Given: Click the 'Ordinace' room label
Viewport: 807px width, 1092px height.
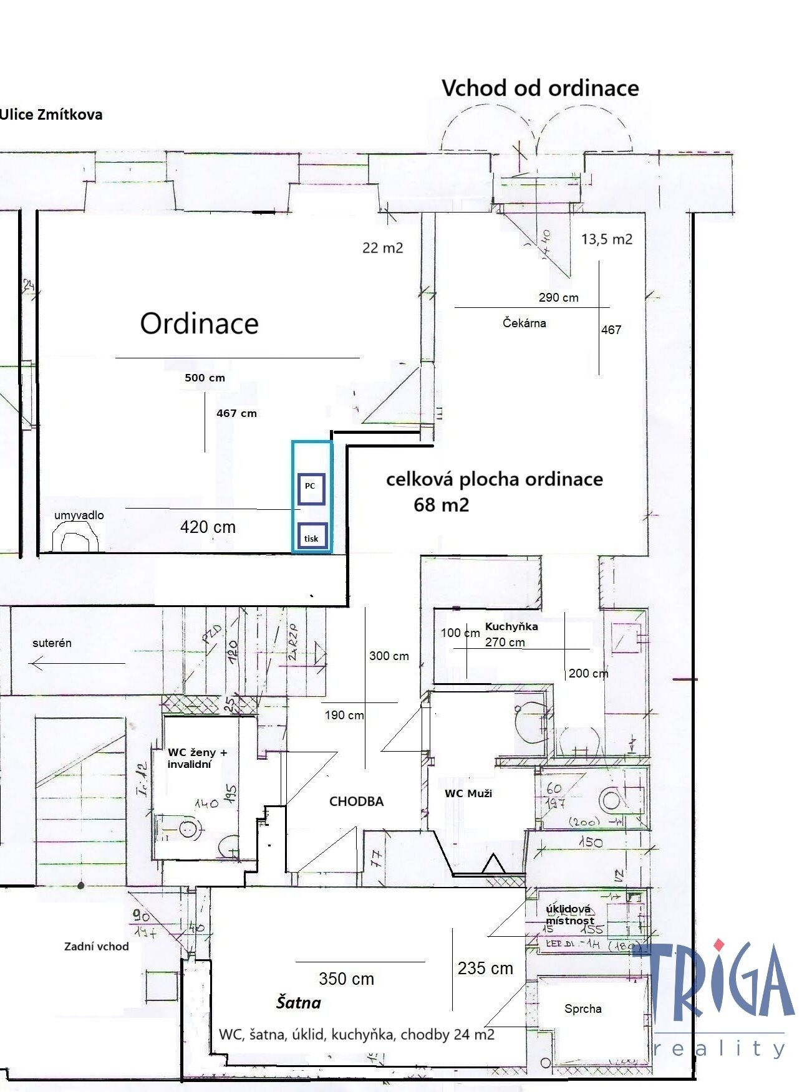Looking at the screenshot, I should pyautogui.click(x=199, y=323).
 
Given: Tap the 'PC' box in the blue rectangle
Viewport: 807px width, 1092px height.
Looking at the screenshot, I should pyautogui.click(x=311, y=489).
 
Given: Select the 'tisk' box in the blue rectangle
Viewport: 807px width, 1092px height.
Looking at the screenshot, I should pyautogui.click(x=311, y=537).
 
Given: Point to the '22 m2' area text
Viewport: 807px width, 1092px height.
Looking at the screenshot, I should pyautogui.click(x=382, y=248).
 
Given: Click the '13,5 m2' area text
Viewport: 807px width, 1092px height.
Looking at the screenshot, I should pyautogui.click(x=606, y=239).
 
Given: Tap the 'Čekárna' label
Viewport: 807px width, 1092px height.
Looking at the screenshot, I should pyautogui.click(x=524, y=323).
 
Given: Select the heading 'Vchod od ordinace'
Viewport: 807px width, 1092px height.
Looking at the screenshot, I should pyautogui.click(x=540, y=88).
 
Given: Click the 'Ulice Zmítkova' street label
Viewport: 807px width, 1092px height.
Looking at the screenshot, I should pyautogui.click(x=51, y=115).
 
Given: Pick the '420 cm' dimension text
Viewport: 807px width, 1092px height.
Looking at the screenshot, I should pyautogui.click(x=208, y=527).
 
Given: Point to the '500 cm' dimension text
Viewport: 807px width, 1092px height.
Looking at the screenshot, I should pyautogui.click(x=205, y=378).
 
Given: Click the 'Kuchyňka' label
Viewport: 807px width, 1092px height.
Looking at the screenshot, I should pyautogui.click(x=511, y=626).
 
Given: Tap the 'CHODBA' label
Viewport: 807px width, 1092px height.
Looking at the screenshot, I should pyautogui.click(x=356, y=802).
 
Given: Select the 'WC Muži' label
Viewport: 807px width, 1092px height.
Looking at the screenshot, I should pyautogui.click(x=468, y=793).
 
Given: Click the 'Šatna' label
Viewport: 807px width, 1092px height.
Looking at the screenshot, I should pyautogui.click(x=299, y=1003).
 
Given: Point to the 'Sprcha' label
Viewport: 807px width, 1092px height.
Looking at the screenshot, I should pyautogui.click(x=582, y=1008).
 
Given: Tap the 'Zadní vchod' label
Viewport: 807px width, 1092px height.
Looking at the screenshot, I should pyautogui.click(x=96, y=946).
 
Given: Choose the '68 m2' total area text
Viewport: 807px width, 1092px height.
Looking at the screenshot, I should pyautogui.click(x=441, y=504).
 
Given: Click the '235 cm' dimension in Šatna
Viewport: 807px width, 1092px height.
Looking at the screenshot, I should pyautogui.click(x=485, y=968).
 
